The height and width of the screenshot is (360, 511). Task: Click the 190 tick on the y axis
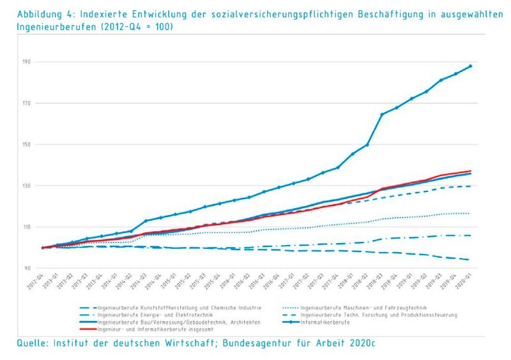(x=26, y=62)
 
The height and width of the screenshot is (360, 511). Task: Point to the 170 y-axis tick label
(x=26, y=103)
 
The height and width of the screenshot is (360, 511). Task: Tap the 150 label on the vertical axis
(x=26, y=144)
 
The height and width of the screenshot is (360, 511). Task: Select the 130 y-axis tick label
(x=26, y=186)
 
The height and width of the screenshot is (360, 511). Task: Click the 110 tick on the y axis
(x=26, y=227)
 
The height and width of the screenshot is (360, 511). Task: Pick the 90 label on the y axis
(x=26, y=268)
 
